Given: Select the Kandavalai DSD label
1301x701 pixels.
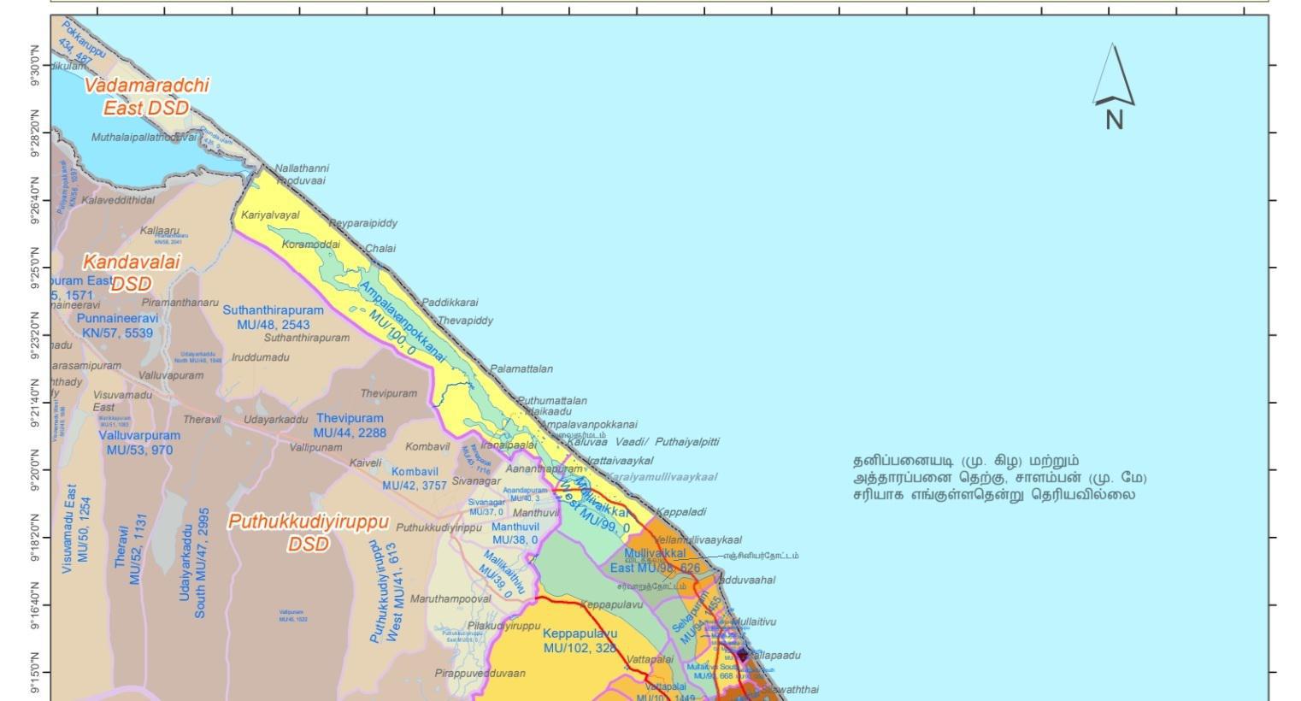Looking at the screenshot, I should click(132, 273).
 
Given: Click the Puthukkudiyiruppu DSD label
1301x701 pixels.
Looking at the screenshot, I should click(308, 532).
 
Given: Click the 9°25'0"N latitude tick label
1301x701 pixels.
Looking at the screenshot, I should click(36, 267).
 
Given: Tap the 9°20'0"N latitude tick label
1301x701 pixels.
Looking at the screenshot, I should click(36, 469).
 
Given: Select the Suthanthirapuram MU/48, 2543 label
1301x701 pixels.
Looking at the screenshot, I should click(274, 317).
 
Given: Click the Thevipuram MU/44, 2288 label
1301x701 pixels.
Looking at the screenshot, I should click(350, 425).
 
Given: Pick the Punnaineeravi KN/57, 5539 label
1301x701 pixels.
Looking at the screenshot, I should click(118, 325).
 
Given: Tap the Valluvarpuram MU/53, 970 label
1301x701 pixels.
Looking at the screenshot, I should click(139, 442).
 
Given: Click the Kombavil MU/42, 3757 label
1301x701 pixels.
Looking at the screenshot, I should click(415, 478).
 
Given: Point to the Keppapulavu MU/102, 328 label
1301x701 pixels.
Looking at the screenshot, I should click(580, 640).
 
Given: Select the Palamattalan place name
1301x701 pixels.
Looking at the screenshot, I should click(521, 369).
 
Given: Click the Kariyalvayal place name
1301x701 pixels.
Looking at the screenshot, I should click(270, 215).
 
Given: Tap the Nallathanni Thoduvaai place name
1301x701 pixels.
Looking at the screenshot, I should click(302, 174).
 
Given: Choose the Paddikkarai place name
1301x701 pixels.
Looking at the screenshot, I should click(450, 303).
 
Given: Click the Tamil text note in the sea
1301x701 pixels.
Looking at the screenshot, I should click(999, 477).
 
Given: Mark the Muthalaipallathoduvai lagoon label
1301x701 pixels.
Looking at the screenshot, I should click(144, 137).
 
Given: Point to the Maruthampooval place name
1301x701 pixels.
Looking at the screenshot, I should click(450, 598).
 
